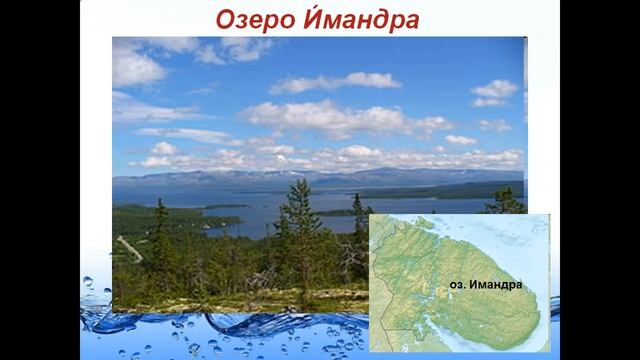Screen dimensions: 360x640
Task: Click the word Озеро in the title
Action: pos(256,19)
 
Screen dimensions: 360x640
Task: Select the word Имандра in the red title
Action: pos(355,19)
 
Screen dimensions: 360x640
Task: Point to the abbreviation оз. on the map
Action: pos(456,284)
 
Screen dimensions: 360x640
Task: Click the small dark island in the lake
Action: pos(228,206)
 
